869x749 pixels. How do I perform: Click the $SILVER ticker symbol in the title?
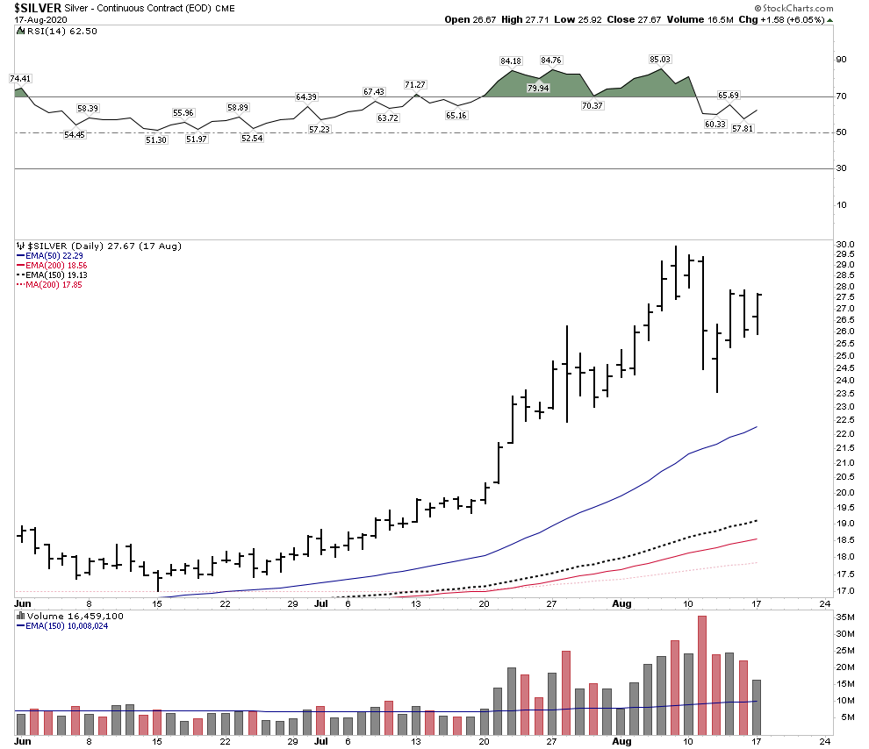[37, 7]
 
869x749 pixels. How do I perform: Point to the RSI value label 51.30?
[156, 140]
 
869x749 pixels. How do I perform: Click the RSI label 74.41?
[20, 78]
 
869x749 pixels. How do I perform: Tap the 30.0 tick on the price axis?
[845, 244]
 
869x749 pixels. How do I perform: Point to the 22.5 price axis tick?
[845, 421]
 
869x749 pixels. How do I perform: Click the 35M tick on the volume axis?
[845, 617]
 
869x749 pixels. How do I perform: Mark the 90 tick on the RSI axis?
[840, 60]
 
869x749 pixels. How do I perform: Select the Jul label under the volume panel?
[321, 741]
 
